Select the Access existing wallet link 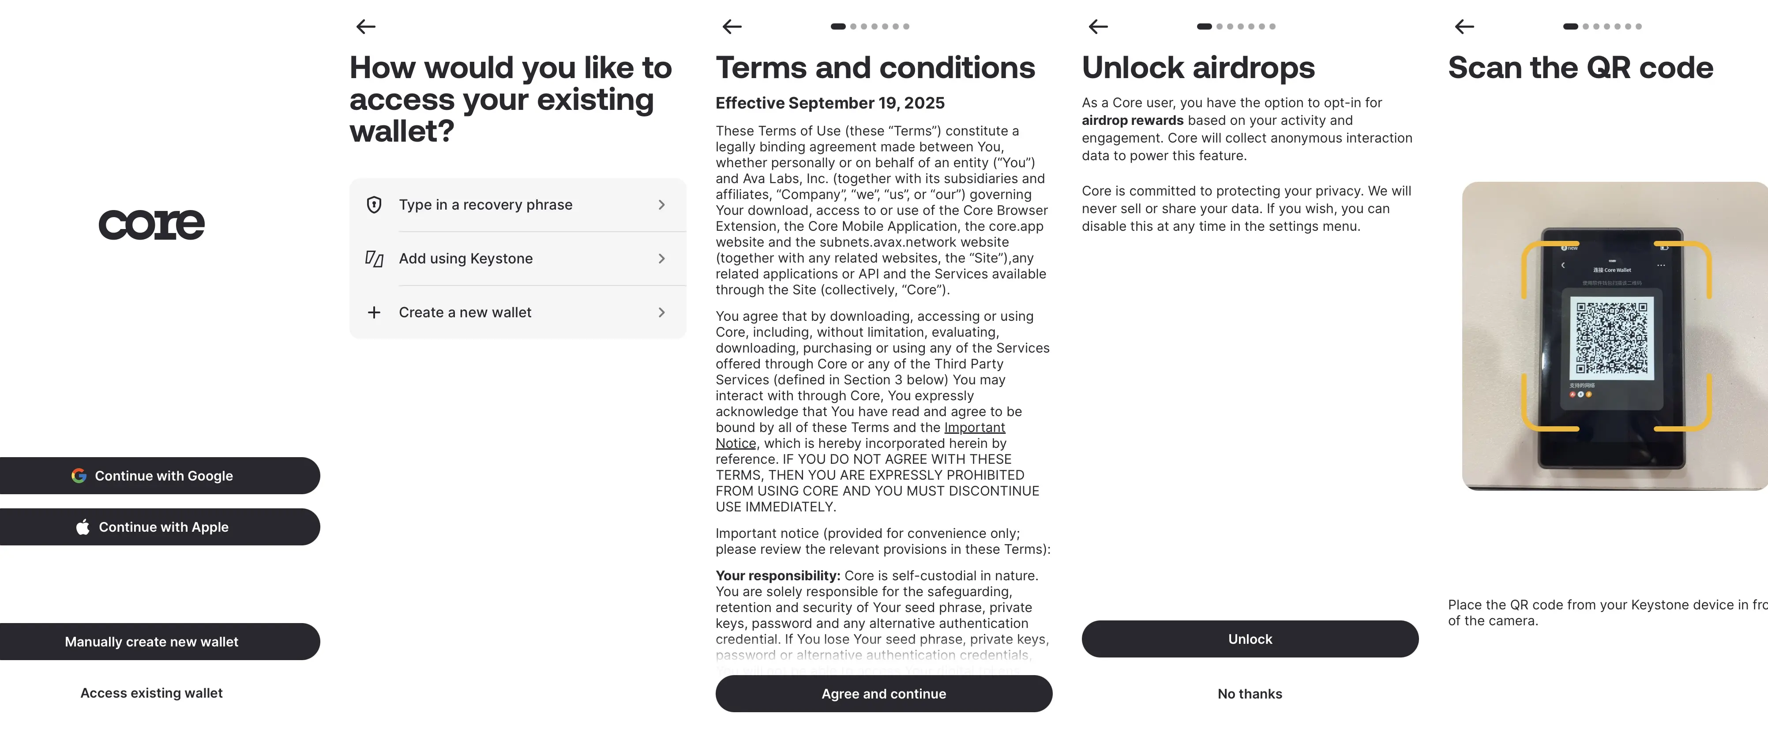point(152,693)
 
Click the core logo point(152,225)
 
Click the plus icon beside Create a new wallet point(374,312)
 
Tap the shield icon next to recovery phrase point(374,205)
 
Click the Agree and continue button point(883,694)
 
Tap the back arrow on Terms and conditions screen point(732,27)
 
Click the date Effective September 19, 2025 point(830,103)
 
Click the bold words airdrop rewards point(1133,120)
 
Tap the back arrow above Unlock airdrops point(1098,27)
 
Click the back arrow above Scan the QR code point(1464,27)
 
